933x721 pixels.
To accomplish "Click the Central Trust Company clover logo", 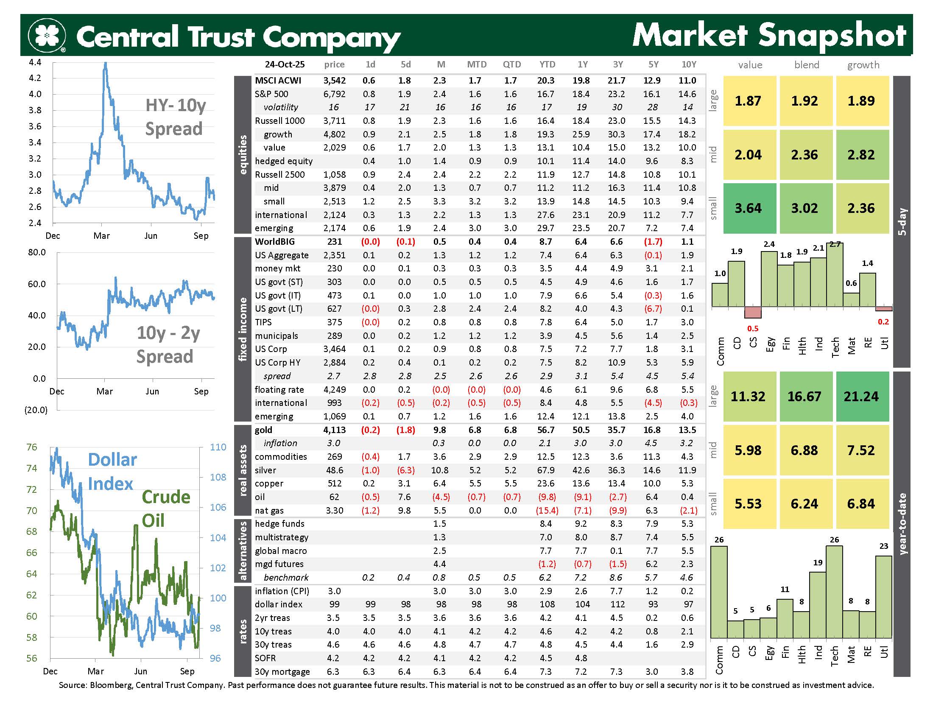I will pyautogui.click(x=47, y=35).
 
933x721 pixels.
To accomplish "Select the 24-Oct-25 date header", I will pyautogui.click(x=285, y=64).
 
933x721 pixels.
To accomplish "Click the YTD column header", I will pyautogui.click(x=547, y=64).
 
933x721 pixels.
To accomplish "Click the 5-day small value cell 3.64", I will pyautogui.click(x=748, y=208).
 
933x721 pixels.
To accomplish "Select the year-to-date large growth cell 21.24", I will pyautogui.click(x=861, y=397).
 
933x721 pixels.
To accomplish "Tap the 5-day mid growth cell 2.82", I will pyautogui.click(x=861, y=155).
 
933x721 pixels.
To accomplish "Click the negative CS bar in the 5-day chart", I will pyautogui.click(x=752, y=312).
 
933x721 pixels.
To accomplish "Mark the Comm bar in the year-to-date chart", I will pyautogui.click(x=718, y=592).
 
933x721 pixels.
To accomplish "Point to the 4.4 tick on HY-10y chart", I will pyautogui.click(x=35, y=62).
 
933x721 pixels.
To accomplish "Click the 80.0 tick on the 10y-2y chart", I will pyautogui.click(x=37, y=252).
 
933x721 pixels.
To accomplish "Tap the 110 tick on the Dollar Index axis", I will pyautogui.click(x=218, y=447).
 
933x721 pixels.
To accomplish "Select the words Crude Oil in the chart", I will pyautogui.click(x=165, y=508).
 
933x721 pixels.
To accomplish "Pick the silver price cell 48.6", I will pyautogui.click(x=335, y=470).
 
